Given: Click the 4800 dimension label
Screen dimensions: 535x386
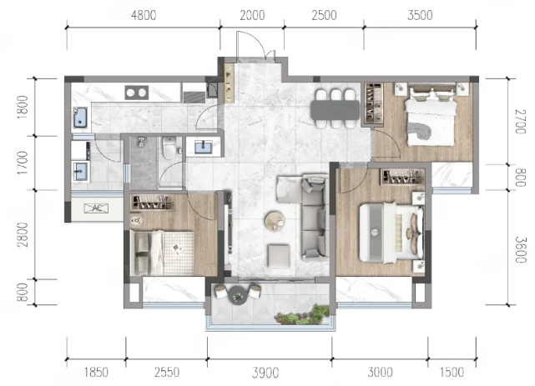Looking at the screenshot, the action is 144,15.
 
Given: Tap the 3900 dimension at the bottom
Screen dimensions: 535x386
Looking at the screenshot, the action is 265,373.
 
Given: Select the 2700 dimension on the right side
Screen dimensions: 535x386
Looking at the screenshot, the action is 521,122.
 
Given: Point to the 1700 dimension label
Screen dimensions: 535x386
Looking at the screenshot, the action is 23,163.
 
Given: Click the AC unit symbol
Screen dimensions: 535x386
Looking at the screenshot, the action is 97,208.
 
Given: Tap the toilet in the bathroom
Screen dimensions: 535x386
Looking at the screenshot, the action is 169,148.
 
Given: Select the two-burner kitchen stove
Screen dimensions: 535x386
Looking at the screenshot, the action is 137,93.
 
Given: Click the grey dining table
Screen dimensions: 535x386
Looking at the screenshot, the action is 335,110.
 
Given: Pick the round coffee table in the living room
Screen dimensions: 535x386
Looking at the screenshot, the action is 275,221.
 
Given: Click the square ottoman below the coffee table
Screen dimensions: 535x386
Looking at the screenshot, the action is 279,255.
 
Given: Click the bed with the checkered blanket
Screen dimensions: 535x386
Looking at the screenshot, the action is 162,253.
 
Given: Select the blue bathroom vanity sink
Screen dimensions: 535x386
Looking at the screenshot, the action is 203,148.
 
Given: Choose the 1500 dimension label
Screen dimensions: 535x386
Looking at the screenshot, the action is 452,373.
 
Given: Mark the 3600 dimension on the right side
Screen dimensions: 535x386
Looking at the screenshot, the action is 521,250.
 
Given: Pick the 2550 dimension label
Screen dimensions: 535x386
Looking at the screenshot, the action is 167,373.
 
